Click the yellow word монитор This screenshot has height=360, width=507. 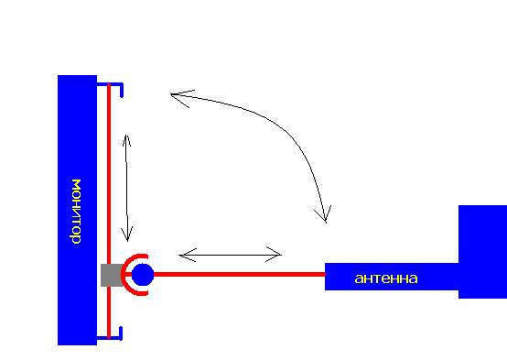pyautogui.click(x=76, y=212)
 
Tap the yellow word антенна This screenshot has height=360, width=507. pyautogui.click(x=386, y=278)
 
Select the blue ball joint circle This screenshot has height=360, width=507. pyautogui.click(x=143, y=275)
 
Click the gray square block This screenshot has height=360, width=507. pyautogui.click(x=112, y=275)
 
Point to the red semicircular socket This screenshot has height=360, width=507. pyautogui.click(x=124, y=275)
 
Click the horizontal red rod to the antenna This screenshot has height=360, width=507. pyautogui.click(x=239, y=274)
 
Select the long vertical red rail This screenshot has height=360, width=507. pyautogui.click(x=109, y=211)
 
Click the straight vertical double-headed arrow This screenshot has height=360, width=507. pyautogui.click(x=127, y=188)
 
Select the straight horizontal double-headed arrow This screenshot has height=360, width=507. pyautogui.click(x=231, y=255)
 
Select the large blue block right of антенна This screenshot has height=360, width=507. pyautogui.click(x=483, y=252)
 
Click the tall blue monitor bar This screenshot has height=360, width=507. pyautogui.click(x=77, y=210)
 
